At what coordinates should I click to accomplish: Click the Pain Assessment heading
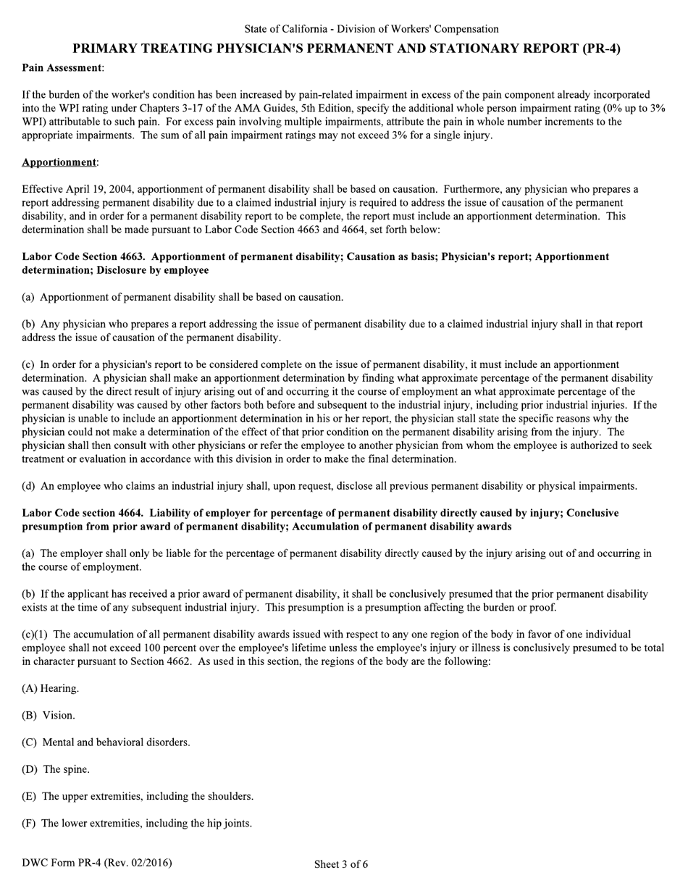(62, 67)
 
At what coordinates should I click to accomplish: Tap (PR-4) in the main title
(601, 49)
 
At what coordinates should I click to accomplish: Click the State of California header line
(371, 29)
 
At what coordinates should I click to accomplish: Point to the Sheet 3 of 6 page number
(341, 863)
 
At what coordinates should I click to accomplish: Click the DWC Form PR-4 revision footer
(97, 863)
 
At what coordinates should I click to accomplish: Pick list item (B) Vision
(49, 715)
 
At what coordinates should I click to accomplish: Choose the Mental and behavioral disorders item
(106, 742)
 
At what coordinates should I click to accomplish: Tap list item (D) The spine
(56, 769)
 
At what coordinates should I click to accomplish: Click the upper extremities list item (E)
(138, 796)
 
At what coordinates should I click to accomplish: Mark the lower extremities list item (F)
(137, 823)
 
